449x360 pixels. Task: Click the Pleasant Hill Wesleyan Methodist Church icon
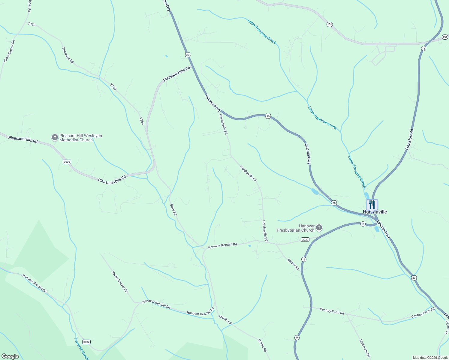click(55, 137)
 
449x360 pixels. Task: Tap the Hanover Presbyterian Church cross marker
click(319, 228)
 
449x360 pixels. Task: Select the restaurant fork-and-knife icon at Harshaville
click(372, 205)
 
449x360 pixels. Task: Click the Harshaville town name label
click(375, 212)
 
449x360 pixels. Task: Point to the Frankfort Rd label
click(409, 139)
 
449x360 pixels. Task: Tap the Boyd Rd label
click(173, 210)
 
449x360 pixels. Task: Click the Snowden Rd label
click(68, 55)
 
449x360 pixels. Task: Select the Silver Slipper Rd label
click(9, 51)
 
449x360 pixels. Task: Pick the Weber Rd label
click(293, 264)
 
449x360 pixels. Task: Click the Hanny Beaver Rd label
click(120, 282)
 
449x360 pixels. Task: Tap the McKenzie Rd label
click(365, 348)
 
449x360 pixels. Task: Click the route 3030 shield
click(67, 162)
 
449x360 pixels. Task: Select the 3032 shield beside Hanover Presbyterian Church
click(305, 239)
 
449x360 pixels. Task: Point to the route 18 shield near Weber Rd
click(304, 259)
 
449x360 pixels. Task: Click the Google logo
click(10, 356)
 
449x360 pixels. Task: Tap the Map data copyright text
click(430, 358)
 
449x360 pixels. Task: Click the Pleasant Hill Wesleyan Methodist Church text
click(81, 138)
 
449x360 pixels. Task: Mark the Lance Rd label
click(447, 327)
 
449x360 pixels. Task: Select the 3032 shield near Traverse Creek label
click(86, 342)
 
